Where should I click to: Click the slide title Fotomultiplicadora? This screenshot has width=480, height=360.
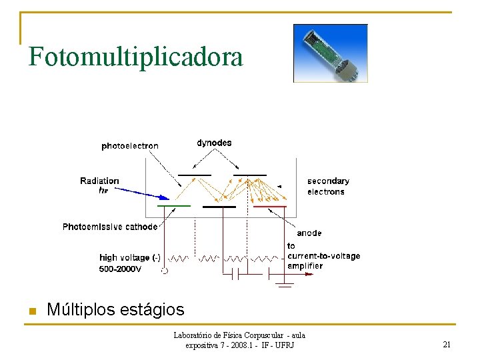pyautogui.click(x=135, y=57)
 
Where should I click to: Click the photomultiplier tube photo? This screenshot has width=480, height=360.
pyautogui.click(x=331, y=53)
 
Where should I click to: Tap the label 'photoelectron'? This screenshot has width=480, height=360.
pyautogui.click(x=130, y=146)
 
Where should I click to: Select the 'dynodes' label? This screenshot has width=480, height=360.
pyautogui.click(x=214, y=143)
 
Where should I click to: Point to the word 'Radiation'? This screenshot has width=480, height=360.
pyautogui.click(x=99, y=181)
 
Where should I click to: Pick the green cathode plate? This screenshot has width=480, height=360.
pyautogui.click(x=174, y=207)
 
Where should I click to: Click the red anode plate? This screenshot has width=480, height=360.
pyautogui.click(x=270, y=207)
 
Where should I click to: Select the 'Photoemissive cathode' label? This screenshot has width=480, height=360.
pyautogui.click(x=110, y=227)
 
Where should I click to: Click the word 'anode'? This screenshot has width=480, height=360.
pyautogui.click(x=309, y=233)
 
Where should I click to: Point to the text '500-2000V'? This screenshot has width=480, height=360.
pyautogui.click(x=120, y=269)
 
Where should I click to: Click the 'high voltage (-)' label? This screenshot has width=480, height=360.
pyautogui.click(x=129, y=257)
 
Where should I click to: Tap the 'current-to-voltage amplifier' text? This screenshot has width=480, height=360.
pyautogui.click(x=323, y=256)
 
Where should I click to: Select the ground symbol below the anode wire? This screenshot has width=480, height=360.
pyautogui.click(x=285, y=286)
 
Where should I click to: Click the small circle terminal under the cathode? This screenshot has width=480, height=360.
pyautogui.click(x=165, y=271)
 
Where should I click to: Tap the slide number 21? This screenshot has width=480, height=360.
pyautogui.click(x=447, y=345)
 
